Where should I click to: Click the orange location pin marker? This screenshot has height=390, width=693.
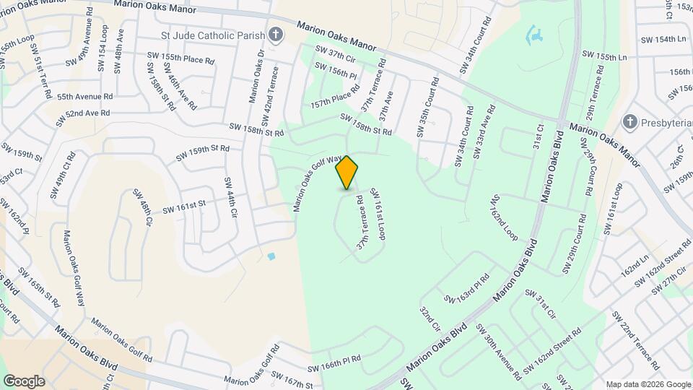tap(347, 173)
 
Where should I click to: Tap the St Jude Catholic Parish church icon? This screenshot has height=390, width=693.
tap(275, 34)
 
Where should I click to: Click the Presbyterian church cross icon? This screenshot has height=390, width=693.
tap(629, 122)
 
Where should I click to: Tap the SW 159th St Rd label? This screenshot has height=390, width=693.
tap(203, 154)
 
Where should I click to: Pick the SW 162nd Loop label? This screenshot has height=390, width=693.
tap(504, 217)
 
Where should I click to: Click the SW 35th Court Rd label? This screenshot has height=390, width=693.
tap(427, 108)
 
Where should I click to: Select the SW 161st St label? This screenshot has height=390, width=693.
tap(184, 207)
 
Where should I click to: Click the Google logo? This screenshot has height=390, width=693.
tap(24, 381)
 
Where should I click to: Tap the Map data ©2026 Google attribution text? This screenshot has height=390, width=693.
tap(647, 384)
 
